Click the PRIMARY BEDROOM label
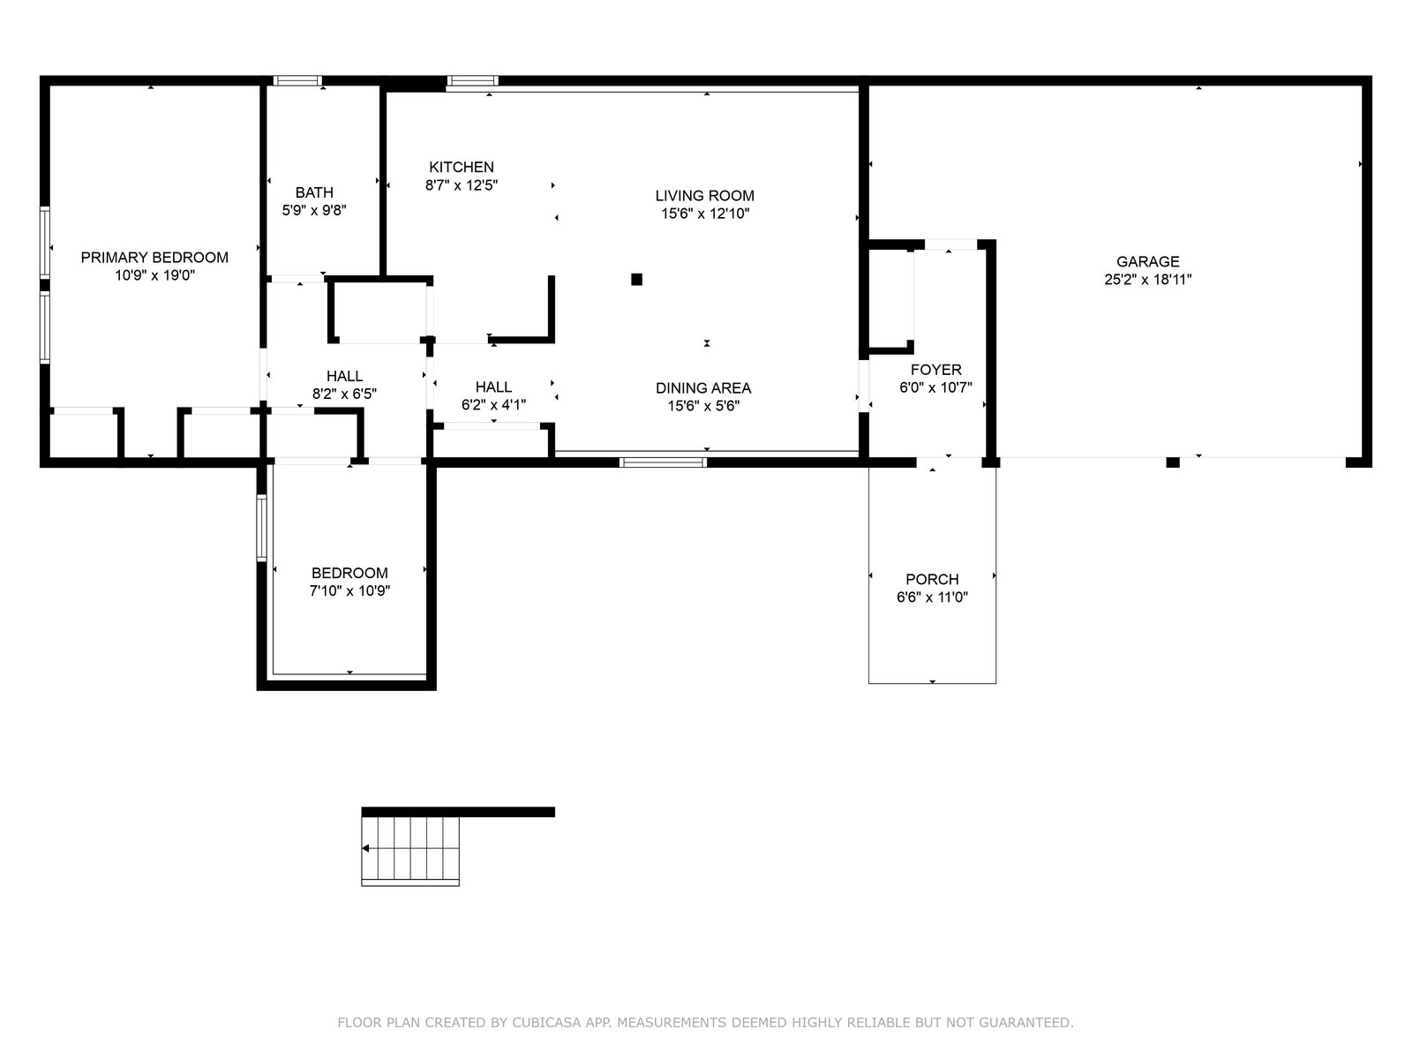[x=154, y=257]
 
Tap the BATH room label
[x=314, y=192]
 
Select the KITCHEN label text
[x=462, y=167]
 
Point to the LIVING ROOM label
[x=704, y=195]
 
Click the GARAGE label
[x=1147, y=262]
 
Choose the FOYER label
[x=936, y=370]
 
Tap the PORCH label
[x=932, y=579]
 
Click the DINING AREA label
[x=703, y=388]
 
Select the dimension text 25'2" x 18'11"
[x=1147, y=280]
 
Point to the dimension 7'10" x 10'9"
[x=350, y=591]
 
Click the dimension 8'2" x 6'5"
[x=344, y=394]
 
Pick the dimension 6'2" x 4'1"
[x=493, y=405]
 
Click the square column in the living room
[x=636, y=279]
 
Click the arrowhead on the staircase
[x=365, y=849]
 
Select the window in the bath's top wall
[x=297, y=80]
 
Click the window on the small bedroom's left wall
[x=261, y=527]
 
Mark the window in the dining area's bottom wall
[x=664, y=462]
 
